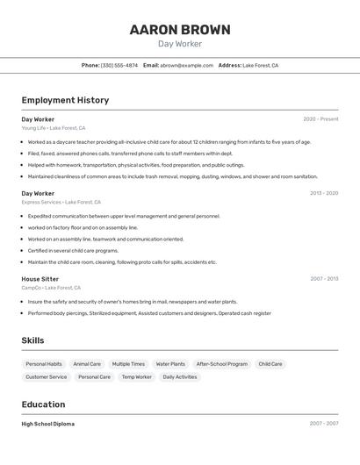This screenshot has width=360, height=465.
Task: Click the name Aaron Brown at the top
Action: click(180, 30)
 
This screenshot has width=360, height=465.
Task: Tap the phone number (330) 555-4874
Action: click(119, 65)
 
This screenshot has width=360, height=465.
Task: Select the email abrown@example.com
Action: click(186, 65)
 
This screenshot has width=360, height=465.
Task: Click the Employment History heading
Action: click(65, 100)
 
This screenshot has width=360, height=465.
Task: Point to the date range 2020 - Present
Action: click(320, 119)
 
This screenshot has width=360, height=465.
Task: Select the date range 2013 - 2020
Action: click(323, 193)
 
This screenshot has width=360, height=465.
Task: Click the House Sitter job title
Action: click(40, 279)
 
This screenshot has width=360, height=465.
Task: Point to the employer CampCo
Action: click(51, 288)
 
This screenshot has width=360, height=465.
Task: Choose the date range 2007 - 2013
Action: click(323, 279)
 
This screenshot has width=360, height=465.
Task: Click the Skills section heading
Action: click(32, 340)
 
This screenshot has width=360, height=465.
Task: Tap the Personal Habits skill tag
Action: click(44, 364)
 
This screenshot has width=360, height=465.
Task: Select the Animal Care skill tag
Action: click(87, 364)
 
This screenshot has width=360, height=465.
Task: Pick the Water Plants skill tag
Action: click(170, 364)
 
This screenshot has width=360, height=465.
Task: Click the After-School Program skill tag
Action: click(221, 364)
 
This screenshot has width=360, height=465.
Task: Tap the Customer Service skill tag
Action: click(46, 377)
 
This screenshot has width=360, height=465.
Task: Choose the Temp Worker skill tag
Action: click(136, 377)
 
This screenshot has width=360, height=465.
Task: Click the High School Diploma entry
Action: click(48, 424)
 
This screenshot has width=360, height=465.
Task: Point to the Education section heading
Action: click(43, 404)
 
